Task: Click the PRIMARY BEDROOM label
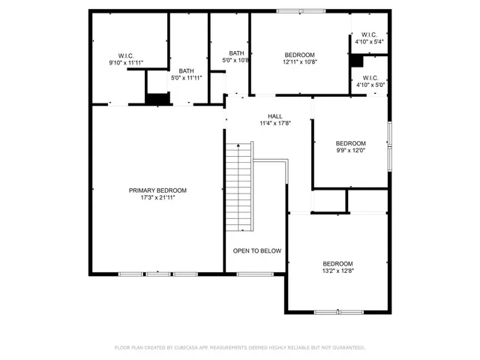point(157,190)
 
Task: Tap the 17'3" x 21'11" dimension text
point(157,198)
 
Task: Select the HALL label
point(275,116)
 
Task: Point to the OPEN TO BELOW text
point(256,250)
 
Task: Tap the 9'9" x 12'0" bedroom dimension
point(350,151)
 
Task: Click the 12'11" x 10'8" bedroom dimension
point(300,62)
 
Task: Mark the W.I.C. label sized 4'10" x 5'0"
point(369,77)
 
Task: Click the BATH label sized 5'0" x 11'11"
point(186,70)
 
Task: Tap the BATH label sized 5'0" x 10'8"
point(236,53)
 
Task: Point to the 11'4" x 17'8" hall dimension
point(275,124)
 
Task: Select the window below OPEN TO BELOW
point(248,274)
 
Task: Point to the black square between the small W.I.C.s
point(357,61)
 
